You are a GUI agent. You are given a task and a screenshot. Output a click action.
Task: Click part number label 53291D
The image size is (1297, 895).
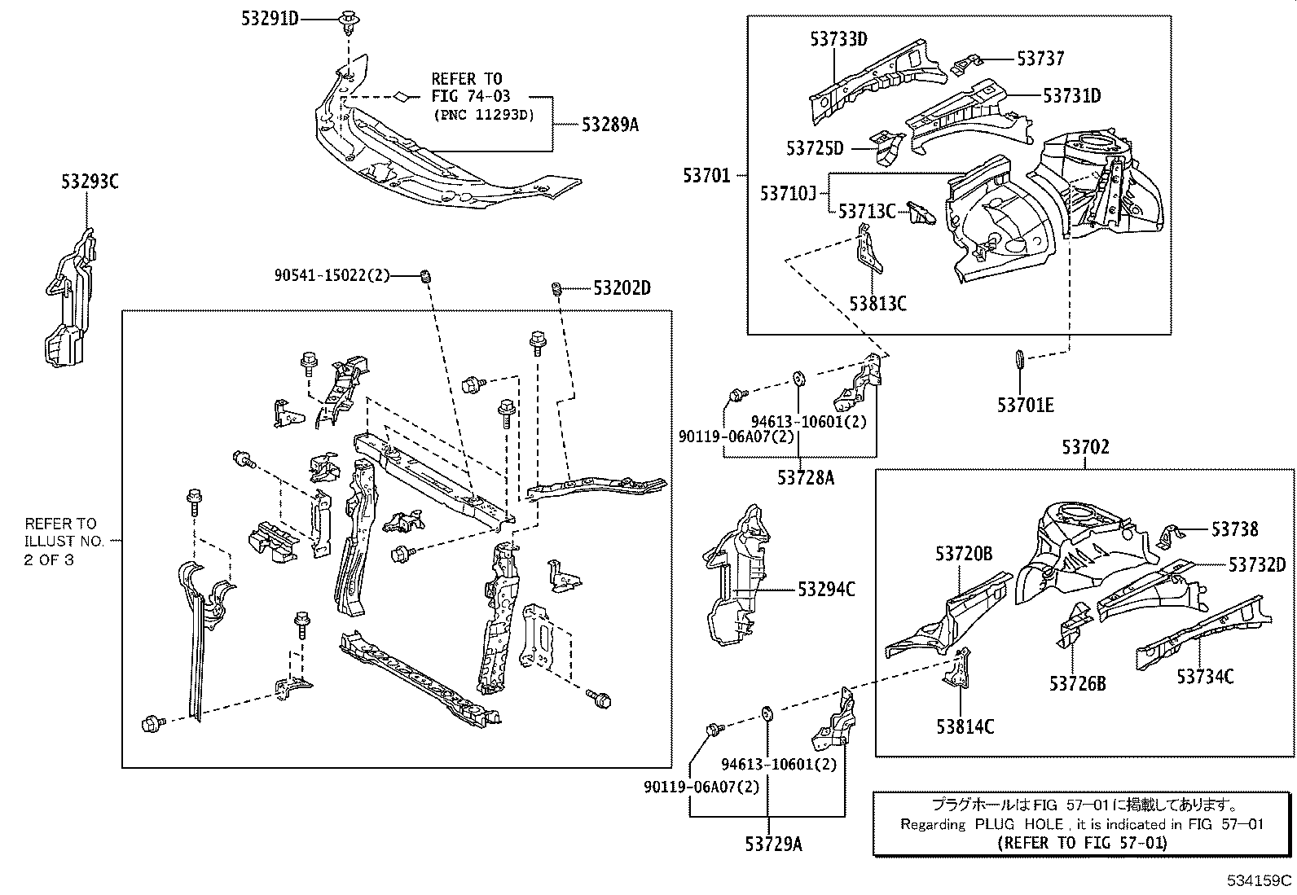click(x=270, y=19)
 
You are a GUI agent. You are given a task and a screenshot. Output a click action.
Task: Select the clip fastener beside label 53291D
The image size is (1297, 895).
click(x=349, y=21)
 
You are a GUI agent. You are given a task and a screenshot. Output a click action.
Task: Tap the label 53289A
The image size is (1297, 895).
click(x=609, y=125)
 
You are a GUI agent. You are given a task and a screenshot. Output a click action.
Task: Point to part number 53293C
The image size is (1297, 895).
click(x=90, y=182)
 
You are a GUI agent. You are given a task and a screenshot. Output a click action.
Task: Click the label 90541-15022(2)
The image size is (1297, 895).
click(x=332, y=275)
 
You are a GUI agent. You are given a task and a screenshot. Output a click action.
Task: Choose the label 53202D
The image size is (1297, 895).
click(x=622, y=287)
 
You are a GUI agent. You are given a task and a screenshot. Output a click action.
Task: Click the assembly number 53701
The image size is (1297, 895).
click(x=706, y=175)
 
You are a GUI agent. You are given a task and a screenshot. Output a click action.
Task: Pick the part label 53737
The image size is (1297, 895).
click(x=1040, y=59)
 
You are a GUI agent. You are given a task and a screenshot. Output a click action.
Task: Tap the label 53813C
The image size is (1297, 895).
click(x=877, y=303)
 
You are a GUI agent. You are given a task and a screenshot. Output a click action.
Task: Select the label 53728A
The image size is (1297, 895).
click(x=806, y=477)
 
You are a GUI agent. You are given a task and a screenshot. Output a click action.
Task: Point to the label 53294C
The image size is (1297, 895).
click(x=826, y=590)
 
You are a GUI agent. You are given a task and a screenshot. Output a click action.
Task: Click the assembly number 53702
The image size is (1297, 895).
click(x=1085, y=447)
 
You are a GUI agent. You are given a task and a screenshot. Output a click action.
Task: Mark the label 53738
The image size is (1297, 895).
click(x=1234, y=529)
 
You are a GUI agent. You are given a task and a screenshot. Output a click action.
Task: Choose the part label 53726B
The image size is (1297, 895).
click(x=1078, y=684)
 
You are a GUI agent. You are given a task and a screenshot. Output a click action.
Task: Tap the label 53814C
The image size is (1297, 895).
click(x=965, y=726)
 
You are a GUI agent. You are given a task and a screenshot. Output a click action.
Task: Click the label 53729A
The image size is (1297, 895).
click(x=774, y=845)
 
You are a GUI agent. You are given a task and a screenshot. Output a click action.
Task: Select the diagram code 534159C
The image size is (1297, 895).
click(x=1259, y=880)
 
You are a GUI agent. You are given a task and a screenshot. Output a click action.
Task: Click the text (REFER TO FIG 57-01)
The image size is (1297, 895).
click(x=1082, y=843)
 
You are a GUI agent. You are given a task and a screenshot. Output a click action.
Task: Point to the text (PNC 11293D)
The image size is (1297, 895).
click(x=484, y=115)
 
